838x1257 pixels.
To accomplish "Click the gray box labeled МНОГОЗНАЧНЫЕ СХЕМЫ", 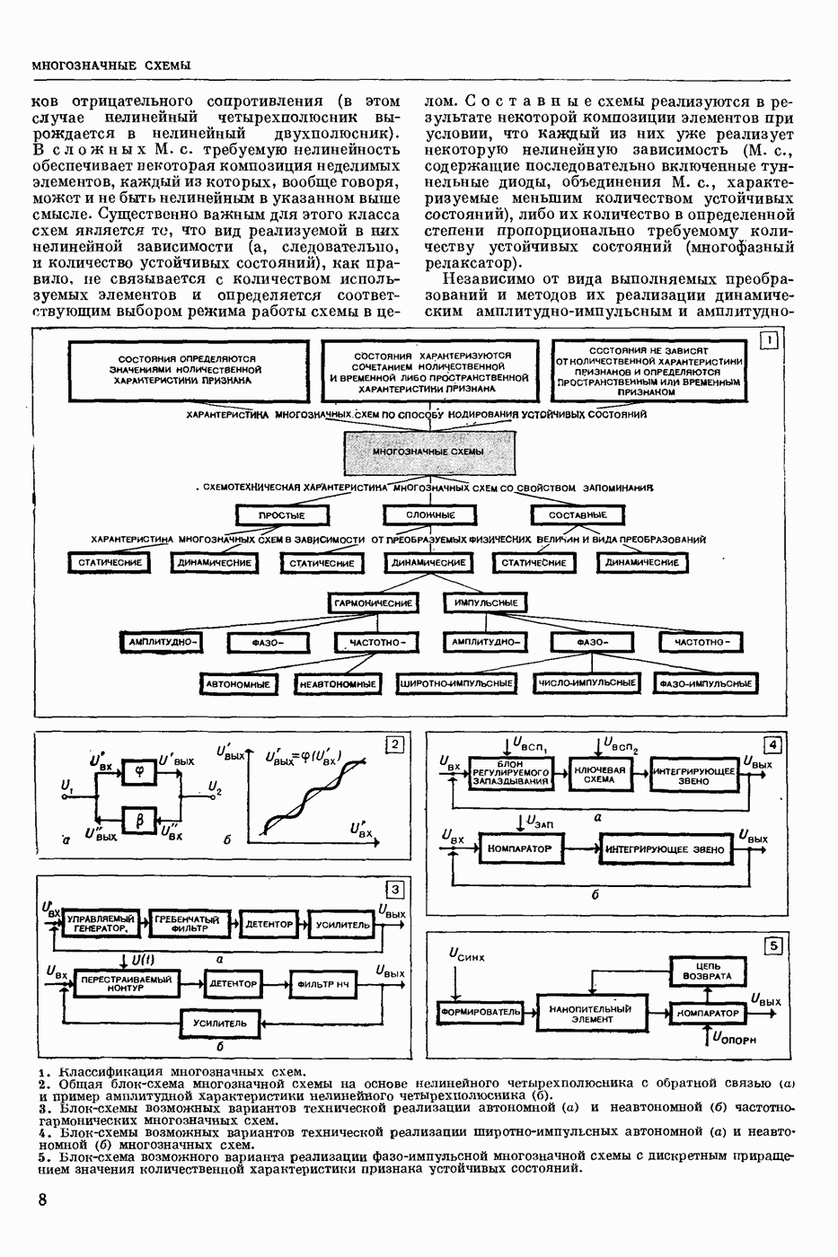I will pos(429,452).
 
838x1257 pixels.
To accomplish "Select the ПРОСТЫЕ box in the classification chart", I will pos(282,515).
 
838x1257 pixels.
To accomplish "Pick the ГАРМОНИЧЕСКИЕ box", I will pos(373,603).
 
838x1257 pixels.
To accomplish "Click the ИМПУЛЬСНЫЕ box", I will pos(485,603).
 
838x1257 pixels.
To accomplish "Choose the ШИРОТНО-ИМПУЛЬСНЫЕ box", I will pos(457,684).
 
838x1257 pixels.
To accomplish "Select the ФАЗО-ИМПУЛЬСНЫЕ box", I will pos(706,684).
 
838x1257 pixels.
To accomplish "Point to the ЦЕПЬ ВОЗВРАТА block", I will pos(707,971).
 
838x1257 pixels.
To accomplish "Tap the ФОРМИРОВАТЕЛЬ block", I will pos(481,1012).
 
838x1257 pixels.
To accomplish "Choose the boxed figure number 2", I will pos(393,743).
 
